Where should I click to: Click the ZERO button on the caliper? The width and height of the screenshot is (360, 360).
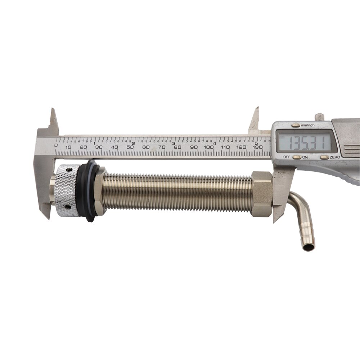pos(324,157)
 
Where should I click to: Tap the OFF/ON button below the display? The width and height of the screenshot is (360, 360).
pos(297,157)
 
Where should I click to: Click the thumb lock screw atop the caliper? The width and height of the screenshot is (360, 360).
pos(319,117)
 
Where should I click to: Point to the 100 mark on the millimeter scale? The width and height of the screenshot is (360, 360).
pos(209,147)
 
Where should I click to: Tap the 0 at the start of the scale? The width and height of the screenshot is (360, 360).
pos(55,145)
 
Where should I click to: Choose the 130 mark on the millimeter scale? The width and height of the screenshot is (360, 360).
pos(257,147)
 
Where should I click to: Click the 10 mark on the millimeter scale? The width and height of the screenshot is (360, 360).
pos(67,147)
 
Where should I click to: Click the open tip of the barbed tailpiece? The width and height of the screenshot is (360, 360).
pos(308,247)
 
